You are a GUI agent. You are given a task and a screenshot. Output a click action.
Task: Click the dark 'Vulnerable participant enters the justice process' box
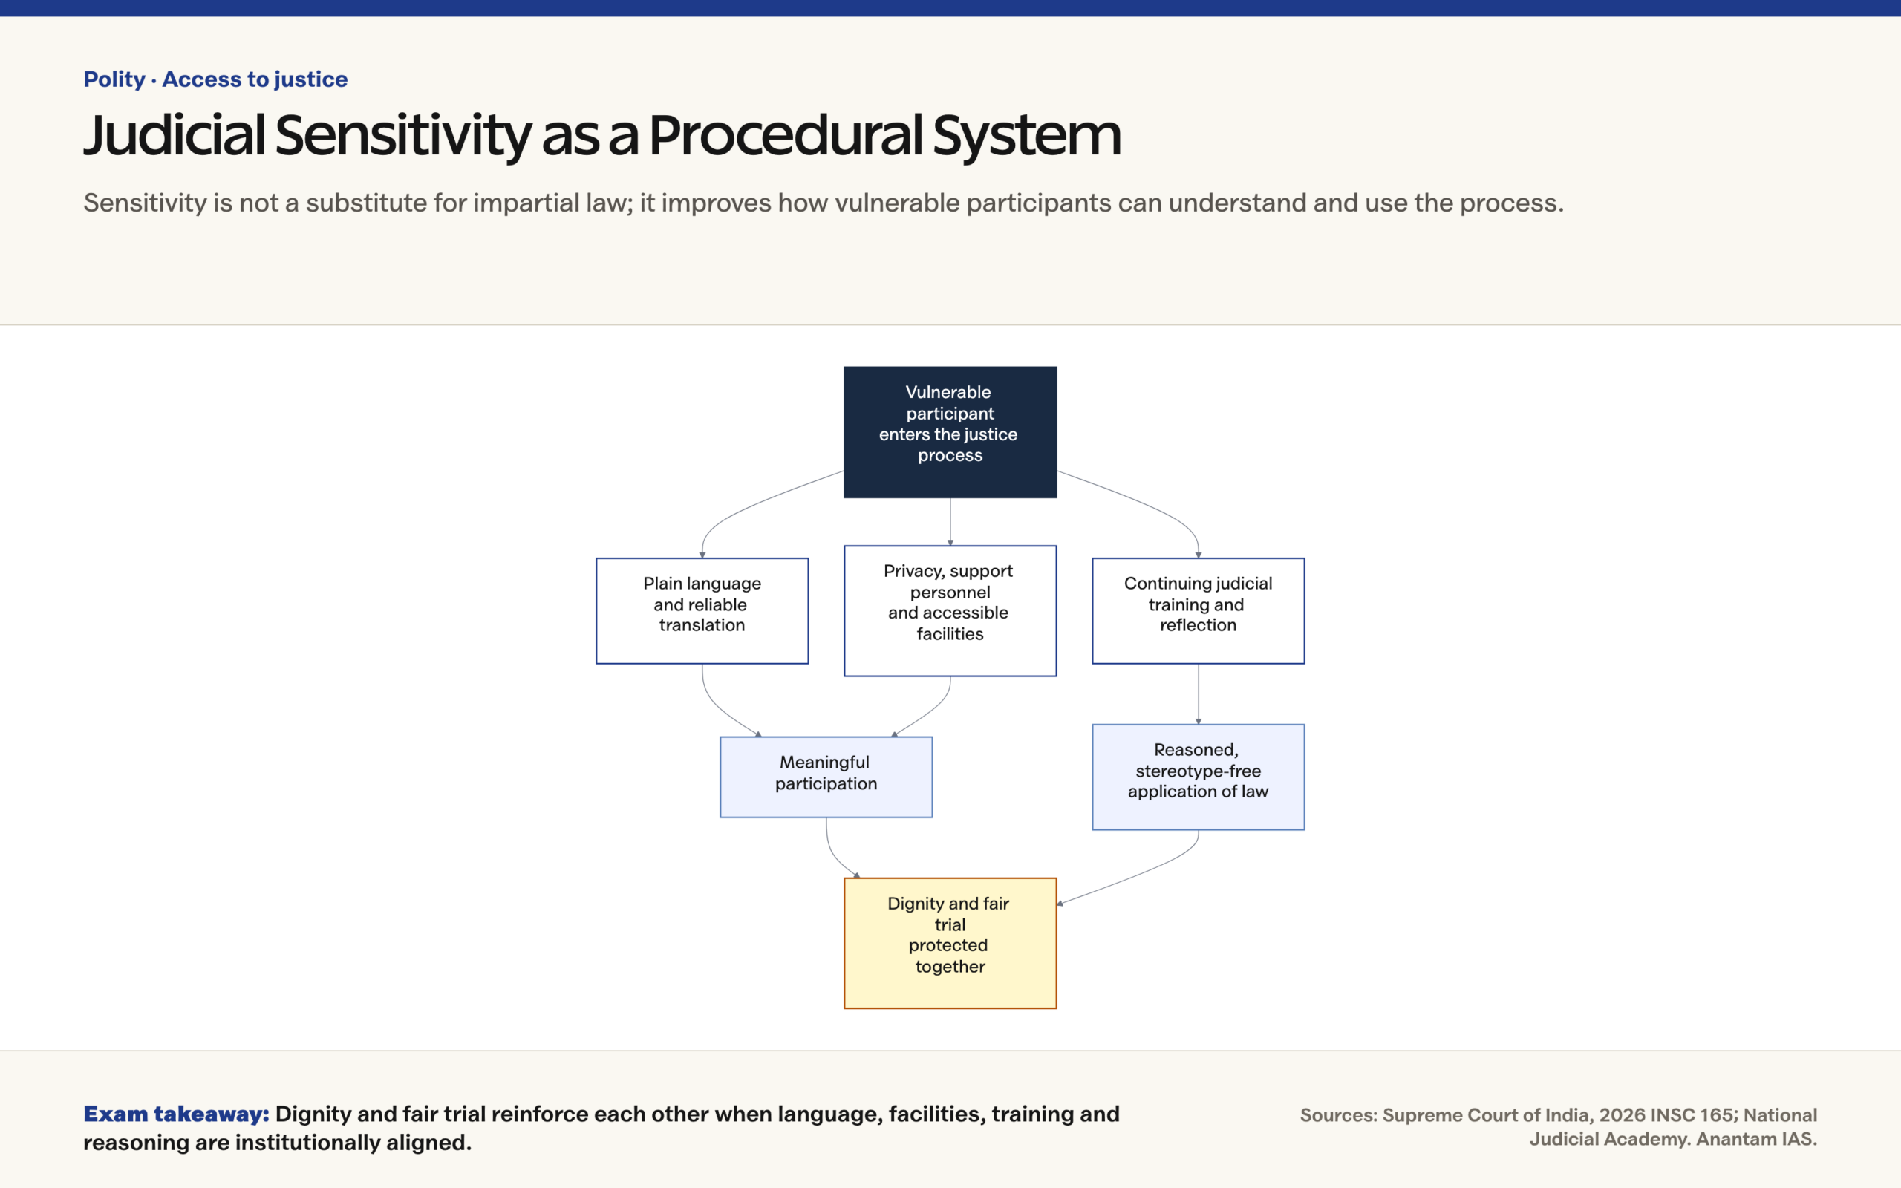(x=950, y=431)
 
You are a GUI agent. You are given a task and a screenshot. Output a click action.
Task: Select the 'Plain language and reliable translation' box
(x=702, y=610)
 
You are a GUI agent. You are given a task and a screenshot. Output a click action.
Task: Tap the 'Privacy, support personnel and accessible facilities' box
(x=950, y=610)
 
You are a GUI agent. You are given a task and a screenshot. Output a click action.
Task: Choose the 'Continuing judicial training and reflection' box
(x=1198, y=610)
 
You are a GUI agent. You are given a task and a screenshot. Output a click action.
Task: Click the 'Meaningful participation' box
(x=826, y=777)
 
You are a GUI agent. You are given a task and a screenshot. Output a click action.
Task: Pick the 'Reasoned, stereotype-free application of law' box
(x=1198, y=777)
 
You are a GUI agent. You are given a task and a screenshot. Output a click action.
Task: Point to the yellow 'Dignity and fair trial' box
(x=950, y=943)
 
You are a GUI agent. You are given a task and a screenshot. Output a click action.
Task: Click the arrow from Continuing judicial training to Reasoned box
(x=1198, y=693)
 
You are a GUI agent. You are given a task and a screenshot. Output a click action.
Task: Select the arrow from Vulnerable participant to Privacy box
(x=950, y=522)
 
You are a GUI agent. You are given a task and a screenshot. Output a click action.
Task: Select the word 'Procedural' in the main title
(x=786, y=135)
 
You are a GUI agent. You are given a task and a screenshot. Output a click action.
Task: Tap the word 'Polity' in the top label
(x=114, y=79)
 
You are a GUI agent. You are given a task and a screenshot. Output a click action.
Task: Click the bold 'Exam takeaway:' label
(x=176, y=1114)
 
